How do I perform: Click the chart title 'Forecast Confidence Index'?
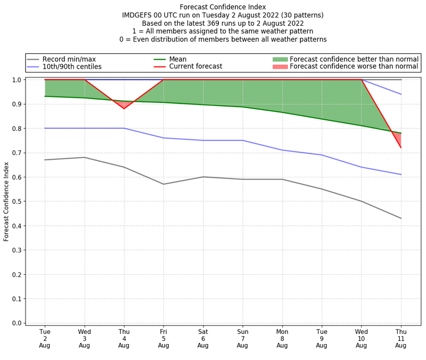[x=223, y=7]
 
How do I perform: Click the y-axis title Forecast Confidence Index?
[x=7, y=201]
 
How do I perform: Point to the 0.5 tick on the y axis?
[x=17, y=201]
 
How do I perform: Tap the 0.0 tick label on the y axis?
[x=17, y=323]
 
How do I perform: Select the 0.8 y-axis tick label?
[x=17, y=128]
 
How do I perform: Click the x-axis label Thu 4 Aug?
[x=124, y=338]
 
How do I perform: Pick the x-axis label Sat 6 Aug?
[x=203, y=338]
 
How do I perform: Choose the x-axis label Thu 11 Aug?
[x=400, y=338]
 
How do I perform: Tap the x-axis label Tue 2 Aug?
[x=45, y=338]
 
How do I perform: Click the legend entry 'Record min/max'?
[x=69, y=59]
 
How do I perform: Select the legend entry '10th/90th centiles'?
[x=71, y=67]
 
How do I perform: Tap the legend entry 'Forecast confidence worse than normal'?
[x=354, y=67]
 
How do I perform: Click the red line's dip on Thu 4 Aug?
[x=124, y=109]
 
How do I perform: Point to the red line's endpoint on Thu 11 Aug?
[x=400, y=148]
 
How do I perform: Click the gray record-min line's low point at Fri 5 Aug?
[x=163, y=184]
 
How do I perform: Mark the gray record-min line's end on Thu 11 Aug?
[x=400, y=218]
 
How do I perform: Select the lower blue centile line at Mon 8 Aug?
[x=282, y=150]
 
